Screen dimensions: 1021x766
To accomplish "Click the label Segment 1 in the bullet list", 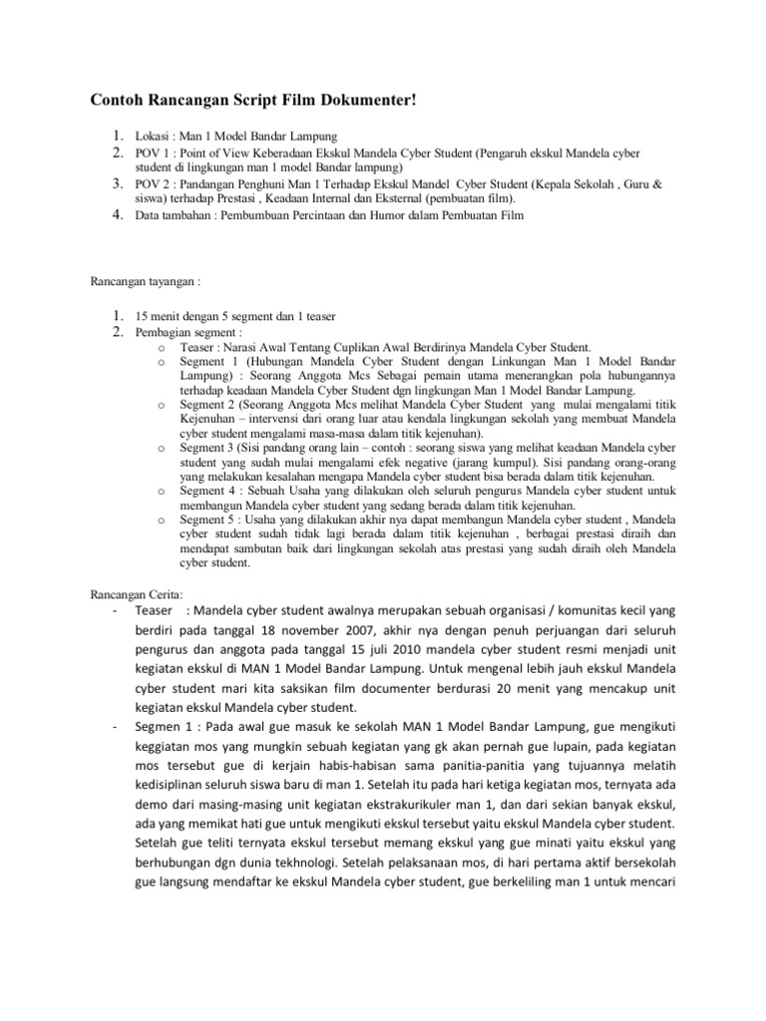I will point(210,359).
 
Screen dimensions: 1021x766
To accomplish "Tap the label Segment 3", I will point(210,451).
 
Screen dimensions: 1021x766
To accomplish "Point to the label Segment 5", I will point(210,520).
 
